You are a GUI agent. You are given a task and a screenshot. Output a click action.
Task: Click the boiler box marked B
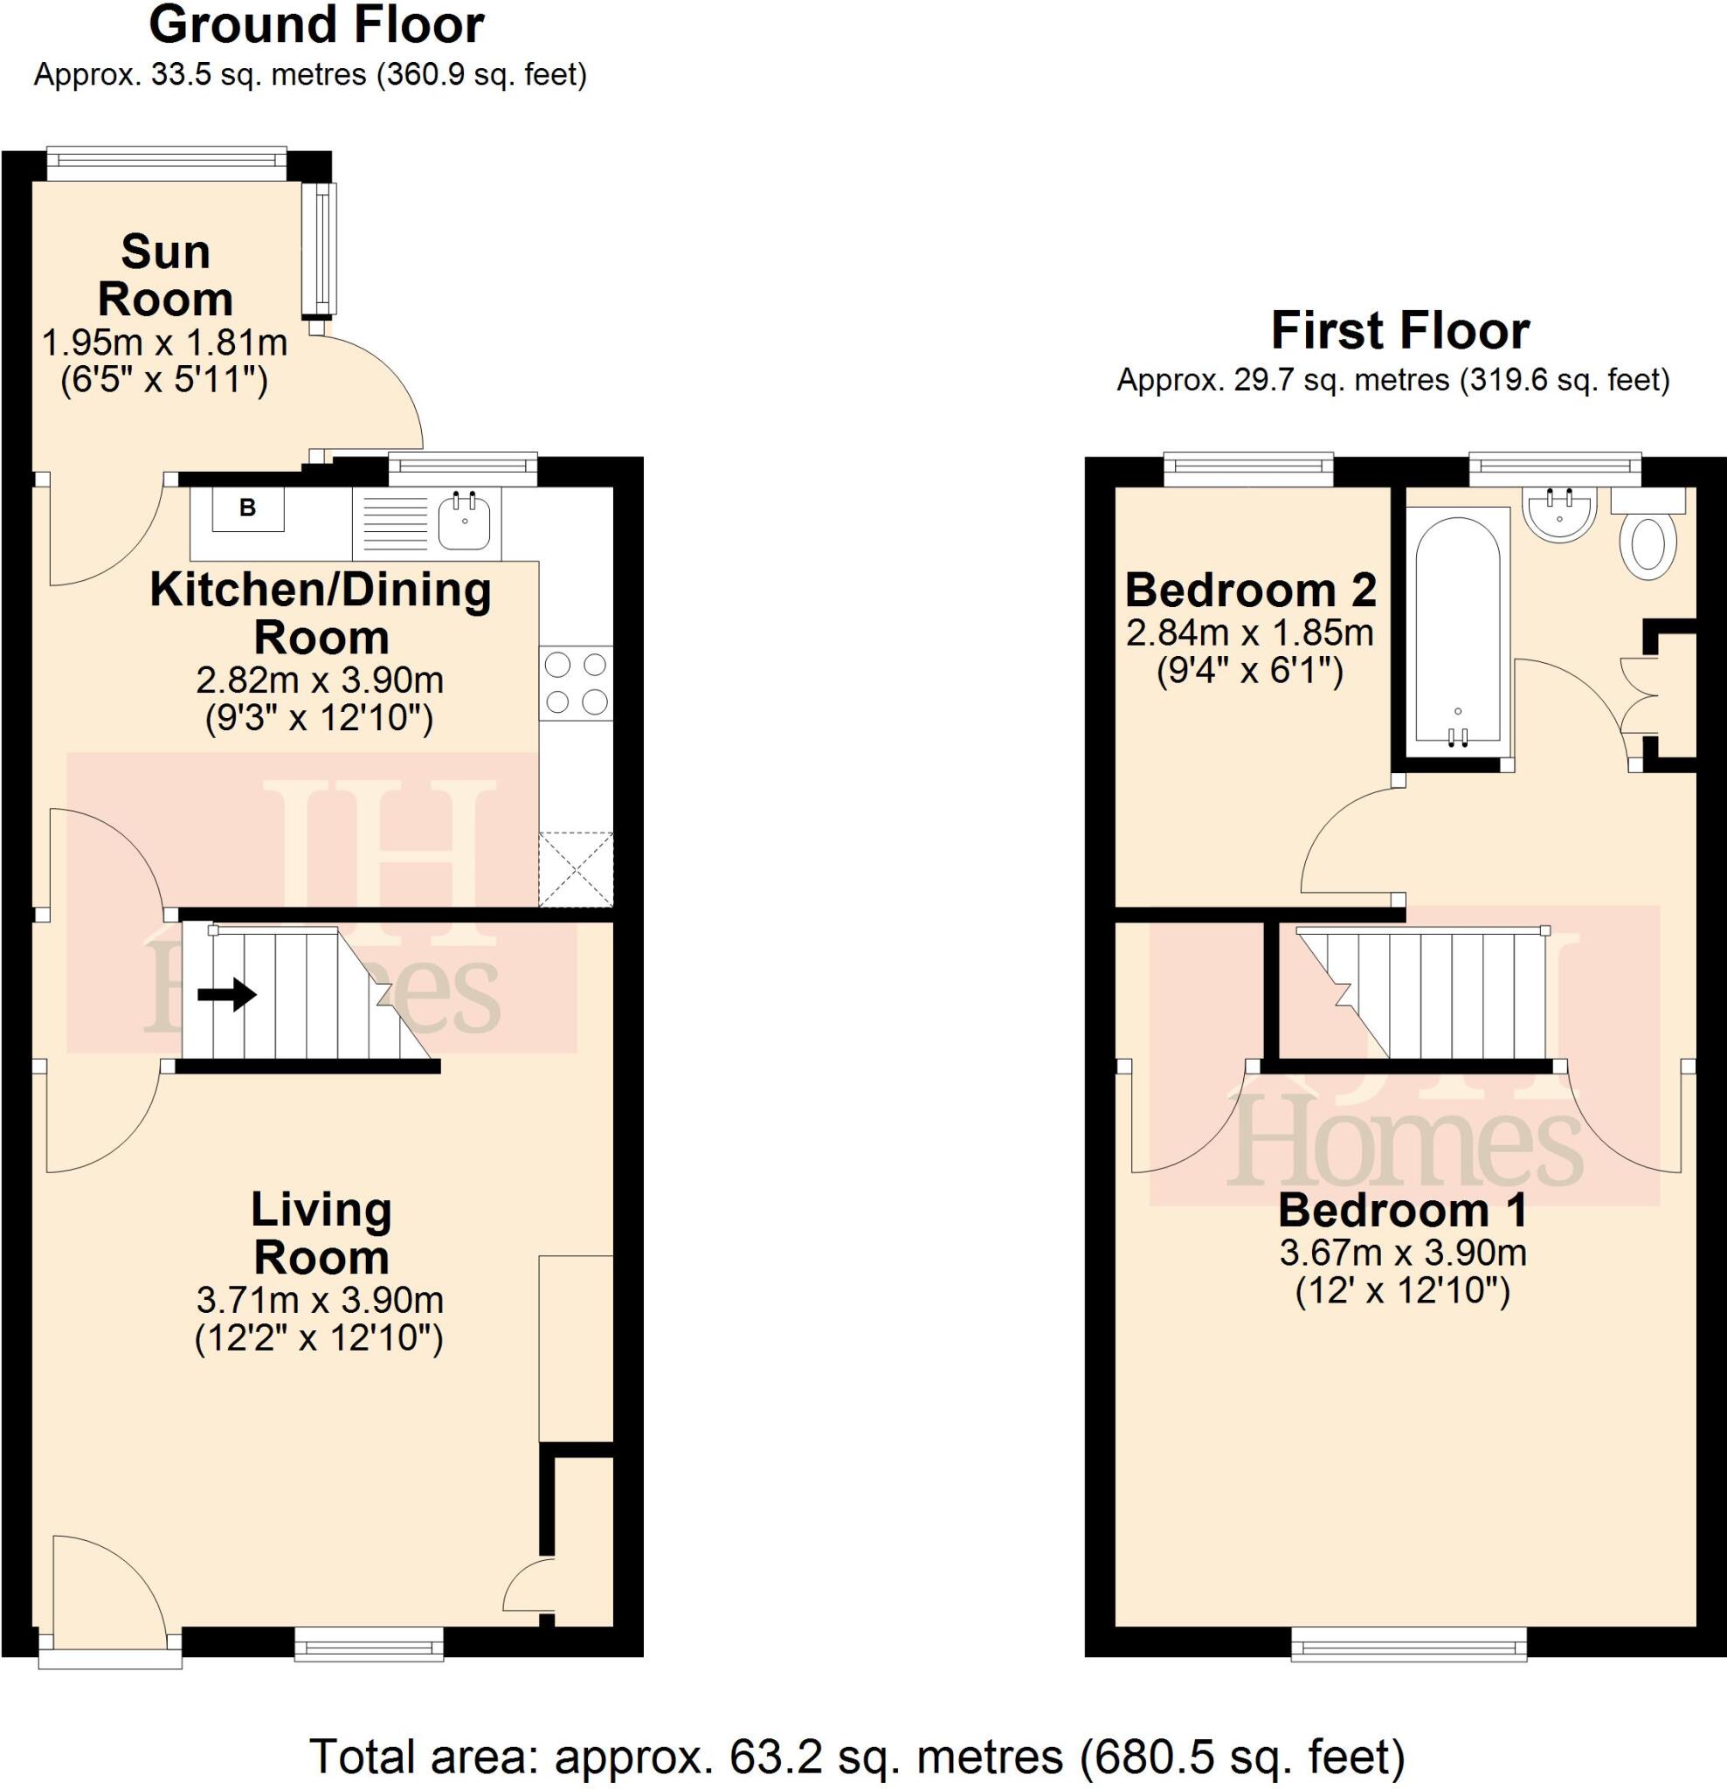pos(247,508)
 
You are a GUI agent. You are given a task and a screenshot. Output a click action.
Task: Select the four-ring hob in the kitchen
pos(576,683)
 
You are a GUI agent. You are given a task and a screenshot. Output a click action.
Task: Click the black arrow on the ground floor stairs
pos(227,994)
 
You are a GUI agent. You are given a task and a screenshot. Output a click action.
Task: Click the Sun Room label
pos(165,276)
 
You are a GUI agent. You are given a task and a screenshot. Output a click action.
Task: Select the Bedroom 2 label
pos(1250,591)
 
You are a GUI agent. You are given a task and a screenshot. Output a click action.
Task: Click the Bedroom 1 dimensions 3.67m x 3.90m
pos(1403,1254)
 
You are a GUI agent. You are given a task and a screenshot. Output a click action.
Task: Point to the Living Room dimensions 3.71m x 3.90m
pos(320,1299)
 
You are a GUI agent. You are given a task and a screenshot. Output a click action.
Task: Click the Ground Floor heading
pos(316,26)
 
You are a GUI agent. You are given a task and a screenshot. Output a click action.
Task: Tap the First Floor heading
pos(1399,332)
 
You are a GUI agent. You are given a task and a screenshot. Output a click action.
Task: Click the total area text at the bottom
pos(857,1755)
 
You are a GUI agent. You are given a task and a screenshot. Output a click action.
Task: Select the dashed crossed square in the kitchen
pos(576,869)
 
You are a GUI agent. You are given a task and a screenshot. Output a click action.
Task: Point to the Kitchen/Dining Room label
pos(321,613)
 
